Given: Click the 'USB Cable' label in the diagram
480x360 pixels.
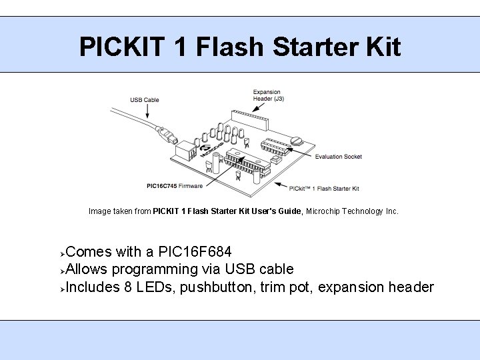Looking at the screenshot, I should click(144, 100).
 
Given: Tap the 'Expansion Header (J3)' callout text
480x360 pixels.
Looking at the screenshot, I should click(267, 95).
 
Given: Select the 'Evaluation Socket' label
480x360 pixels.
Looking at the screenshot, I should click(338, 157).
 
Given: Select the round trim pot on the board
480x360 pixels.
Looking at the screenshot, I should click(297, 140).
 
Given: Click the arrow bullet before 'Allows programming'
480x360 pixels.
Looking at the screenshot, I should click(61, 271).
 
